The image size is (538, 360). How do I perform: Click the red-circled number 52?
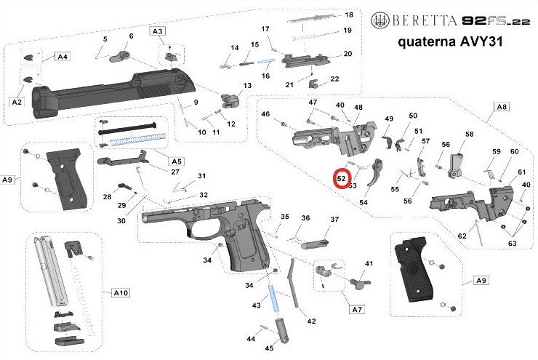(x=341, y=177)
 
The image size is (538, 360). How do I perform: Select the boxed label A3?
(x=158, y=31)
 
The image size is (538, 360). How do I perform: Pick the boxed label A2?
(x=17, y=102)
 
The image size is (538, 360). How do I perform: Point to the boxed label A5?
(x=175, y=160)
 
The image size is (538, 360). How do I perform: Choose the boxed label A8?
(x=501, y=107)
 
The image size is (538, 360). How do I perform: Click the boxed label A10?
(x=121, y=292)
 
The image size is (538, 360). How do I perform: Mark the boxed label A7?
(x=356, y=309)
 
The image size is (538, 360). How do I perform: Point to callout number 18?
(x=348, y=15)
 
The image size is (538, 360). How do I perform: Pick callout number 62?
(x=462, y=236)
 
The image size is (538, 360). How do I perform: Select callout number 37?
(x=335, y=219)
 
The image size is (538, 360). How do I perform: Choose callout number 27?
(x=174, y=172)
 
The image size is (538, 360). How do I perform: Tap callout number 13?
(x=248, y=86)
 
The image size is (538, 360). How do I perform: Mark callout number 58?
(x=469, y=135)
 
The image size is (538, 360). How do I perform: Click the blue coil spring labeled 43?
(x=273, y=299)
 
